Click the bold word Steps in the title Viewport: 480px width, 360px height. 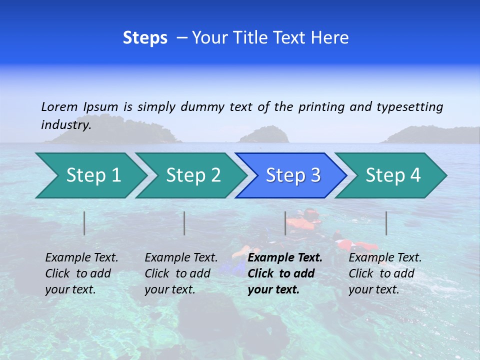145,37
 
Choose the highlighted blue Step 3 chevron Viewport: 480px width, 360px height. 293,175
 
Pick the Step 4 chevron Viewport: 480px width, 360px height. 393,175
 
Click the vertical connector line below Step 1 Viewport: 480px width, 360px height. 84,223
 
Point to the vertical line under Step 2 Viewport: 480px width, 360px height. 184,223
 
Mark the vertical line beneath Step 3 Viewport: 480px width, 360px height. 285,223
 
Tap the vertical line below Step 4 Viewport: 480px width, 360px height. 386,223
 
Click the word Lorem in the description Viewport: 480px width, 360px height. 59,106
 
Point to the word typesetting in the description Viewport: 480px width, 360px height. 409,106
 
